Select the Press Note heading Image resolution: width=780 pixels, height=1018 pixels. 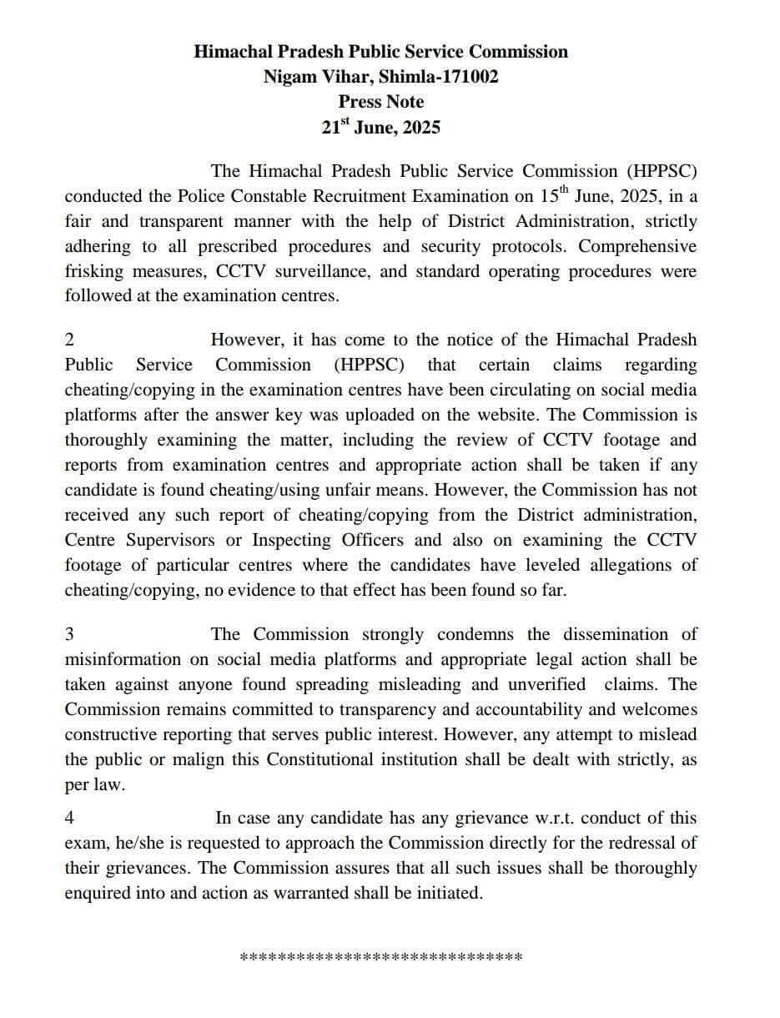[380, 102]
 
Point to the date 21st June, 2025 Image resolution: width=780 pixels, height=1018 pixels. [380, 128]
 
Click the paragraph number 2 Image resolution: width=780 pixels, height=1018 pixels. [69, 340]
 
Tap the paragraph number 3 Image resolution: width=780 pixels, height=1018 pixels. [69, 635]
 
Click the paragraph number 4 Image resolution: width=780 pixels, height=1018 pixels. [69, 819]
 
